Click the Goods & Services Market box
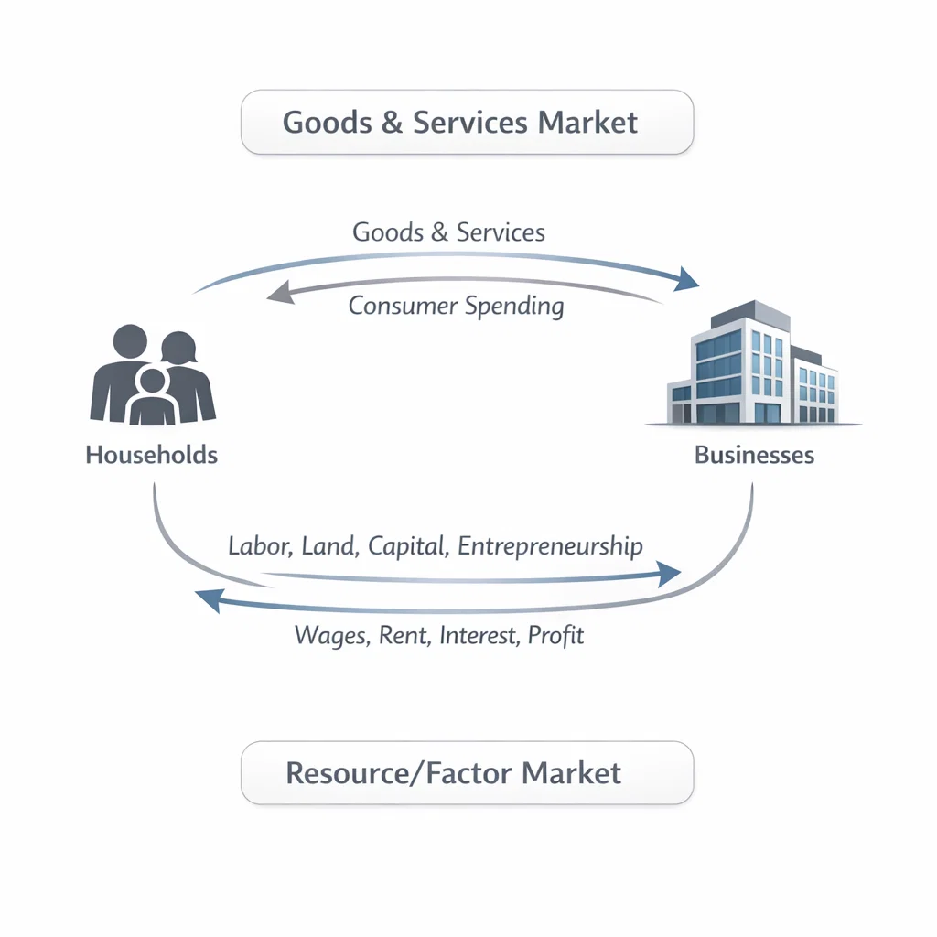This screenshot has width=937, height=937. pos(467,122)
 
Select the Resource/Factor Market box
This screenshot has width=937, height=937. pos(467,773)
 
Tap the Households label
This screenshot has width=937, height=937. pos(152,455)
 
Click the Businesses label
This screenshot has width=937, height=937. pos(754,455)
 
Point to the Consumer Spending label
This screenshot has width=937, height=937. pos(456,306)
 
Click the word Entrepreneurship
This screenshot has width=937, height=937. pos(550,547)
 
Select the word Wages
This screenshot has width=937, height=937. pos(330,635)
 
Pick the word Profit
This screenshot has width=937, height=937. pos(555,635)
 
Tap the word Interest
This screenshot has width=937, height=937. pos(478,635)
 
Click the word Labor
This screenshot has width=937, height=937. pos(259,547)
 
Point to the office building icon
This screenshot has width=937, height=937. pos(754,366)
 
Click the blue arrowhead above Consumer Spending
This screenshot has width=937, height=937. pos(685,279)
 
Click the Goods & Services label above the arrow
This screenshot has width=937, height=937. pos(448,232)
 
